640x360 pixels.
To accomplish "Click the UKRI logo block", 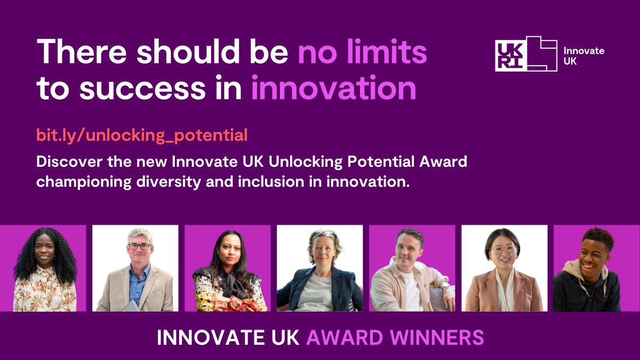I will coord(526,53).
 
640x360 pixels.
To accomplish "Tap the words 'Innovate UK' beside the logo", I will coord(583,55).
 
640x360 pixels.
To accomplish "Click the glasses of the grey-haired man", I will coord(139,246).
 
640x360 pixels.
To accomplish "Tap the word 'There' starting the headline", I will coord(79,53).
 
